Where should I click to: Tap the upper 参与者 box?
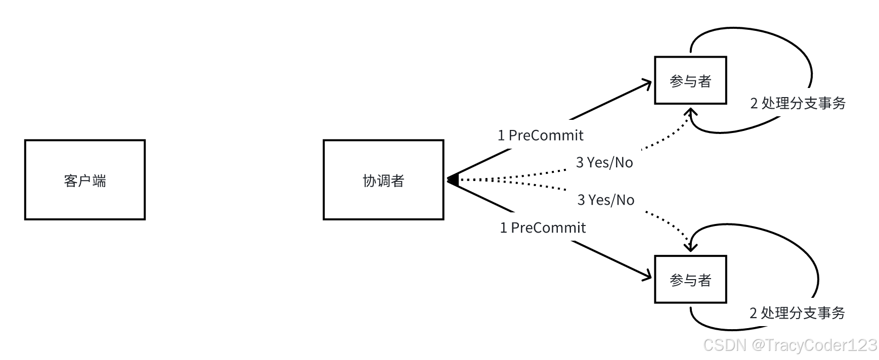690,81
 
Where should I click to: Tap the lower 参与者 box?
690,280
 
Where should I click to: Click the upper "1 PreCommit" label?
540,136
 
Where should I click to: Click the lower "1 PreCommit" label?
542,228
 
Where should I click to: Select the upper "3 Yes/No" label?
604,163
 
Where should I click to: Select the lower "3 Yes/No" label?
605,200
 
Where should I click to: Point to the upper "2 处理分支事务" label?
798,104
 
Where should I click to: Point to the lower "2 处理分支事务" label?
797,313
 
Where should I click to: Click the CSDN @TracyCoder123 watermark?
789,345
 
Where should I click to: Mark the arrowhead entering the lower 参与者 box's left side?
647,276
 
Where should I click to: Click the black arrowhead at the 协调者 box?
453,179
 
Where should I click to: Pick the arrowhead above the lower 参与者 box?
690,246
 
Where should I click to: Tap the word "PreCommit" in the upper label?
546,136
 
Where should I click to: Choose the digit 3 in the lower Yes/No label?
581,200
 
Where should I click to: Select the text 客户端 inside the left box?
85,181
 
